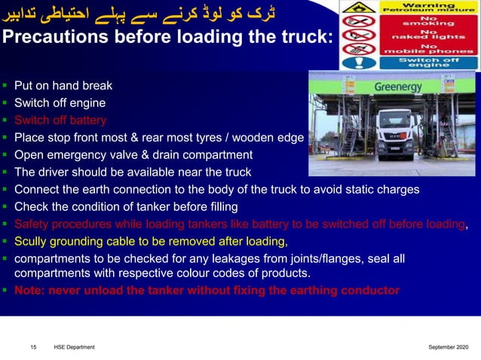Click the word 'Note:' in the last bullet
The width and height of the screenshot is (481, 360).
(x=32, y=290)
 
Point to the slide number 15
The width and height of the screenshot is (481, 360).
(x=33, y=346)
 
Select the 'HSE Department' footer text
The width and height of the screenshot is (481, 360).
(x=74, y=346)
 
